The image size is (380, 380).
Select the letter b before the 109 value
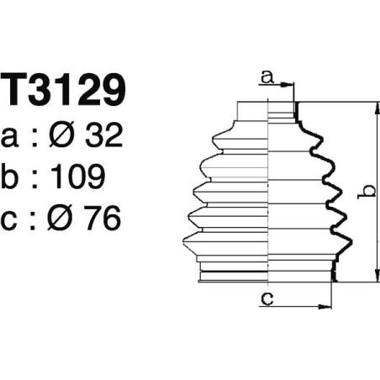(x=13, y=177)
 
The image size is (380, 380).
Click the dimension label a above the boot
(x=267, y=78)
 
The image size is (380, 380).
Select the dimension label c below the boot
(x=267, y=298)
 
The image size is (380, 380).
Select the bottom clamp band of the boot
(x=267, y=276)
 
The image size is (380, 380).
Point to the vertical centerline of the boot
(x=267, y=193)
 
